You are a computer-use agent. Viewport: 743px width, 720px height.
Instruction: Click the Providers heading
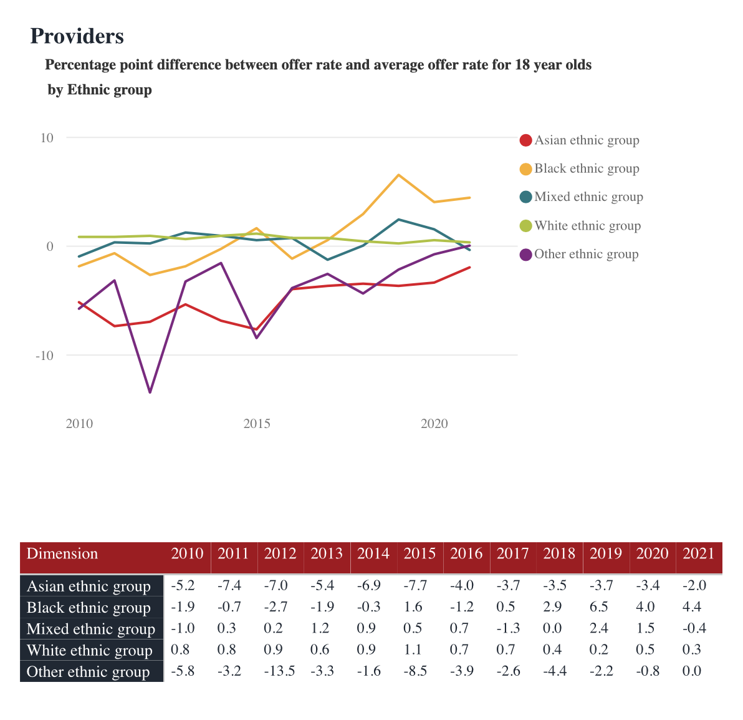[77, 36]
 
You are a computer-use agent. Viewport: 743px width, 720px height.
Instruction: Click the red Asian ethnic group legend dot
[525, 140]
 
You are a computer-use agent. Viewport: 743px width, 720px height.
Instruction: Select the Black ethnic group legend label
[587, 168]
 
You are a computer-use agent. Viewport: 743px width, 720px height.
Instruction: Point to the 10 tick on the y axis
[47, 138]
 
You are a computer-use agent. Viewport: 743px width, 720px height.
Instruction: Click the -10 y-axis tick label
[45, 356]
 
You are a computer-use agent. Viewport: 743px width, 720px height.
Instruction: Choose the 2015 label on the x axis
[257, 424]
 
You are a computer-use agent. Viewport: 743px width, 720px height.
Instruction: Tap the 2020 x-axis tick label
[434, 424]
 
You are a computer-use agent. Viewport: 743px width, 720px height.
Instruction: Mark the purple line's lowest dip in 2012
[150, 392]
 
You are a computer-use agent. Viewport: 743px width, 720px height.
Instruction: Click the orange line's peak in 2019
[398, 175]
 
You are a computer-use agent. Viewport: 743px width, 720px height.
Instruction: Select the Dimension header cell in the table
[62, 554]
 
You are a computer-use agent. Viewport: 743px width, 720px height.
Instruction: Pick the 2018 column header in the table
[559, 554]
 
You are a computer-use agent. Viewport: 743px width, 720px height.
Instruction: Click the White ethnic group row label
[90, 651]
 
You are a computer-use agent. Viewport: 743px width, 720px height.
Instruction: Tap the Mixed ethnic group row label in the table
[91, 629]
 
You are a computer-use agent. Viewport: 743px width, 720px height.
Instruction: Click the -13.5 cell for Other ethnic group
[279, 671]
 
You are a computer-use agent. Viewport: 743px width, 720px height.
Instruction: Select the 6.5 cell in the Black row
[599, 607]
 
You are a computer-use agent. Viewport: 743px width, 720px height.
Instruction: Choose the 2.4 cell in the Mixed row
[599, 628]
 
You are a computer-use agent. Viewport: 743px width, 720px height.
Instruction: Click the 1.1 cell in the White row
[413, 649]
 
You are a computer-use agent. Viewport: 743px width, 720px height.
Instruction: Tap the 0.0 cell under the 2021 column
[692, 671]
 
